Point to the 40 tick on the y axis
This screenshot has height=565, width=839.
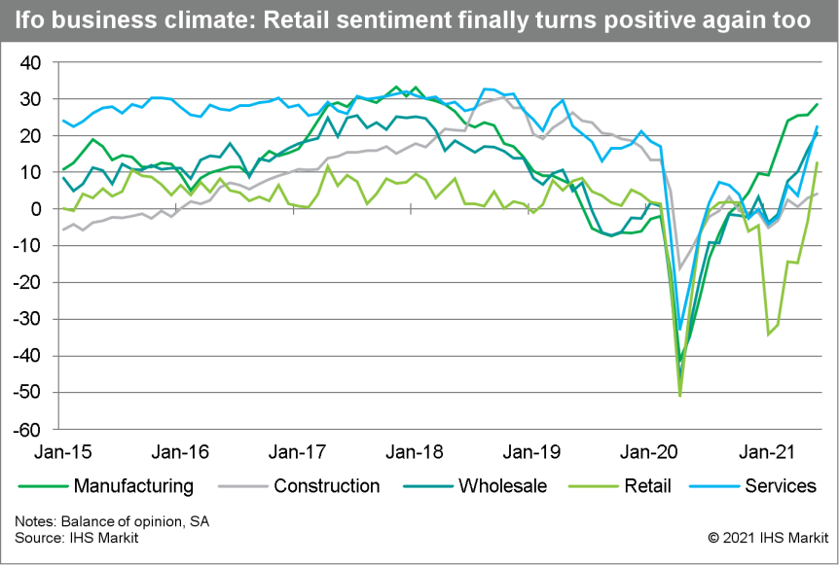(33, 62)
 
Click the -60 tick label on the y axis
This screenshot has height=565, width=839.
(30, 429)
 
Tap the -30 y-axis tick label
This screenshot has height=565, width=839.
(30, 319)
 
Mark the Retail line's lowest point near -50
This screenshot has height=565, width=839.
(679, 395)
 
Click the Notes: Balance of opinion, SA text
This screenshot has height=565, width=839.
(112, 521)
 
